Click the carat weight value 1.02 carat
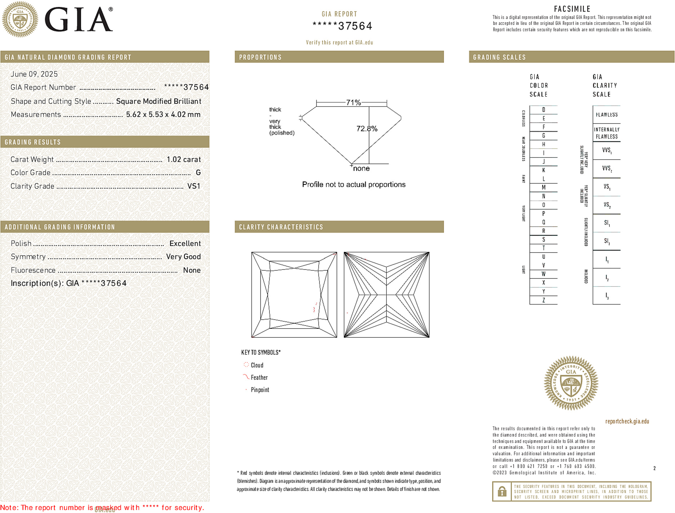[183, 159]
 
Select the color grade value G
[198, 173]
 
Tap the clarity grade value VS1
[194, 186]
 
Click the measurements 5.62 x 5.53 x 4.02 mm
[163, 115]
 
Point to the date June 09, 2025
[34, 74]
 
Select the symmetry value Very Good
[183, 257]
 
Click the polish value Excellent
[185, 244]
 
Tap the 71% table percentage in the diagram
[353, 102]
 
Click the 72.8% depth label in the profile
[367, 129]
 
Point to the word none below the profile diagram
[361, 168]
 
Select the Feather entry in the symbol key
[259, 377]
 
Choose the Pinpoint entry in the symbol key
[259, 390]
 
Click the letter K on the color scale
[543, 170]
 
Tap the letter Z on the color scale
[543, 300]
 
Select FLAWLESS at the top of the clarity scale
[607, 115]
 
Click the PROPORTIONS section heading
[260, 57]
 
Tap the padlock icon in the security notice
[502, 491]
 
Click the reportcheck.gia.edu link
[627, 421]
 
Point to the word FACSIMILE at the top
[572, 9]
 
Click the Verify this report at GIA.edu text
[339, 43]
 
